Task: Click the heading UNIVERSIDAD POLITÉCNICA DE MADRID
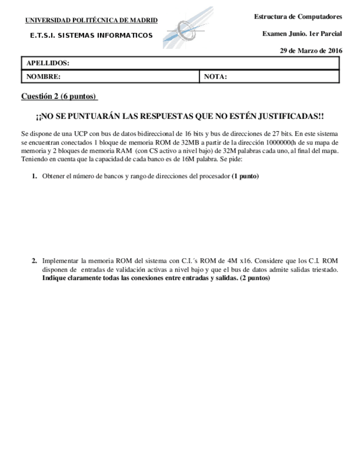(x=91, y=21)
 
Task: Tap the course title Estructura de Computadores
(x=298, y=17)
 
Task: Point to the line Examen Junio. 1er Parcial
(x=302, y=34)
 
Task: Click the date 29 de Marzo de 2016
(x=311, y=51)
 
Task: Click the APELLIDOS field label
(x=48, y=64)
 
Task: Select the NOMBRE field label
(x=43, y=77)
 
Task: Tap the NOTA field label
(x=215, y=77)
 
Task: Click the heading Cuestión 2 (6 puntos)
(x=59, y=97)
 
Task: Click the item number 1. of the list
(x=34, y=176)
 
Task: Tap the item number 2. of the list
(x=34, y=260)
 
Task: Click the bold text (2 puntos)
(x=255, y=278)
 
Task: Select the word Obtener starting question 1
(x=54, y=176)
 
